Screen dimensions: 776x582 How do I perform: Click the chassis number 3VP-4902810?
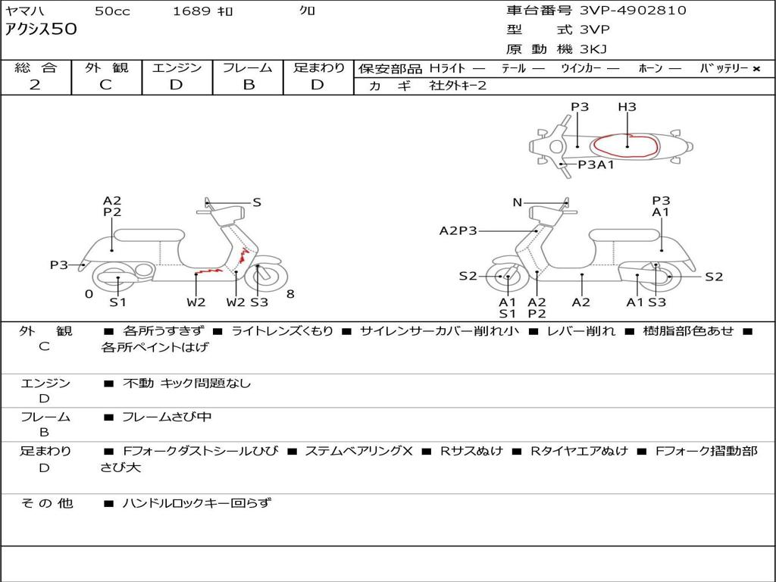tap(633, 11)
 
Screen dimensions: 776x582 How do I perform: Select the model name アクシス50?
tap(41, 30)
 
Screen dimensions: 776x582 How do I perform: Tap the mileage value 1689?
tap(192, 11)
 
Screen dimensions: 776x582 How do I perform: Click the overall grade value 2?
tap(35, 85)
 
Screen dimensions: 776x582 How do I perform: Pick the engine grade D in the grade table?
tap(176, 85)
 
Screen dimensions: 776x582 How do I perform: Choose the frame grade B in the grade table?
tap(248, 85)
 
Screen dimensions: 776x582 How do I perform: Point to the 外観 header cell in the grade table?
tap(106, 67)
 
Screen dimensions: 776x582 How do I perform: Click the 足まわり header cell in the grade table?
tap(318, 67)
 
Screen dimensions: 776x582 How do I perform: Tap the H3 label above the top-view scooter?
tap(627, 107)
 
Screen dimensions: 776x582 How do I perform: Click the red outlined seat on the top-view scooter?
tap(627, 144)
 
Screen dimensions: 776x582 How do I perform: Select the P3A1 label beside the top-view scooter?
tap(596, 164)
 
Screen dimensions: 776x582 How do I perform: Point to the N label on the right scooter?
tap(518, 202)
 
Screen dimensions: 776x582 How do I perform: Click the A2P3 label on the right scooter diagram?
tap(458, 230)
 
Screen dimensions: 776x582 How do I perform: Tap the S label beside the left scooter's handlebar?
tap(257, 202)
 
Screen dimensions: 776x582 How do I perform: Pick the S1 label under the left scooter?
tap(117, 302)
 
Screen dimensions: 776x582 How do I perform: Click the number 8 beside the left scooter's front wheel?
tap(290, 294)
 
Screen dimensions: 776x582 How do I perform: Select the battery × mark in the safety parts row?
tap(756, 68)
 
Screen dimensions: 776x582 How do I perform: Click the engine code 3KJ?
tap(594, 49)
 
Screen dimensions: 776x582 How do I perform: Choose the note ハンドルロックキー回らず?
tap(196, 502)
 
